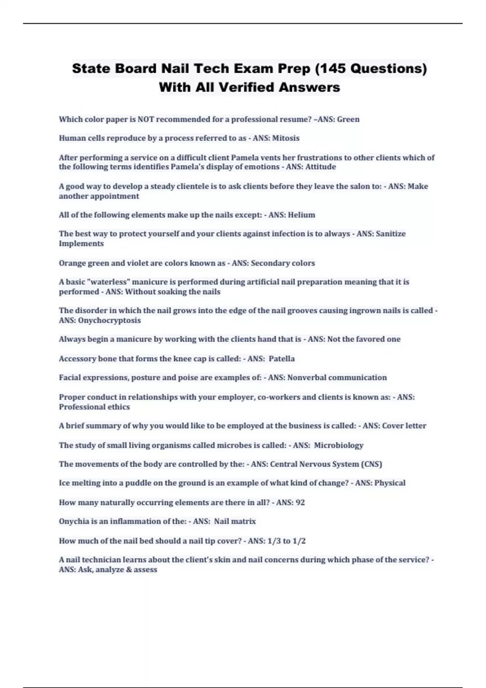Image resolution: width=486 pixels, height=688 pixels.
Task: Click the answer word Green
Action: click(x=348, y=119)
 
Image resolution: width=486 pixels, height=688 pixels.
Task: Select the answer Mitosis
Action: click(x=286, y=138)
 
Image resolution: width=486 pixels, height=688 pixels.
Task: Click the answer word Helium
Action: click(x=301, y=215)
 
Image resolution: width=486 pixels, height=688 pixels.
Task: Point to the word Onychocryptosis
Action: click(x=109, y=321)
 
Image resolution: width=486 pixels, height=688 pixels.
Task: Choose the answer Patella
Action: click(x=282, y=359)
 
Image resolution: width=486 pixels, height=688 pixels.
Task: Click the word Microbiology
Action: click(x=339, y=446)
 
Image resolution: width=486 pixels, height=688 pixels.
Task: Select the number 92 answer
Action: click(x=300, y=503)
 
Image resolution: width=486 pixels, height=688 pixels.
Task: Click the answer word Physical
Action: click(x=390, y=483)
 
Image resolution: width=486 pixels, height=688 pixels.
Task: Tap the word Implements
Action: click(x=81, y=244)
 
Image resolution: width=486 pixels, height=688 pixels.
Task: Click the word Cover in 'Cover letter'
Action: click(x=392, y=426)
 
